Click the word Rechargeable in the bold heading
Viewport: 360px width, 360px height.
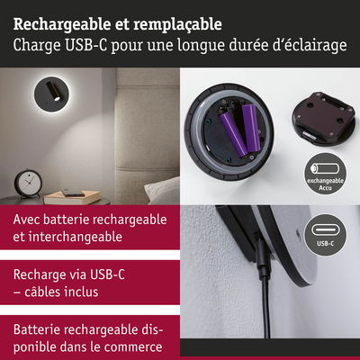click(62, 24)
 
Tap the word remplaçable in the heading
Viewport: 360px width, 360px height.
click(177, 24)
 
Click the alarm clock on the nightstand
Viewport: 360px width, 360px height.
click(28, 184)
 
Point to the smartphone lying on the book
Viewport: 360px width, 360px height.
click(73, 193)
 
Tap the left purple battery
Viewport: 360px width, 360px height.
click(233, 133)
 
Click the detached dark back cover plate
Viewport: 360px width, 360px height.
click(325, 118)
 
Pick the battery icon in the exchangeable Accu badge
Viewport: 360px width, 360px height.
click(325, 168)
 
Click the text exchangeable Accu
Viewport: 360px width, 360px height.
click(325, 184)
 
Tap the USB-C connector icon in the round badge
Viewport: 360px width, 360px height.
click(326, 230)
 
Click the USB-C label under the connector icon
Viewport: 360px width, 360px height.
click(326, 244)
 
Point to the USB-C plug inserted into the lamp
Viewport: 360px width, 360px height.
click(262, 255)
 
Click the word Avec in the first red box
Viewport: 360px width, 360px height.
click(26, 220)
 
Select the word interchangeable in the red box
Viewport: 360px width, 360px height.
click(76, 237)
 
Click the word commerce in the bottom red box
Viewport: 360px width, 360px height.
click(133, 347)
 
